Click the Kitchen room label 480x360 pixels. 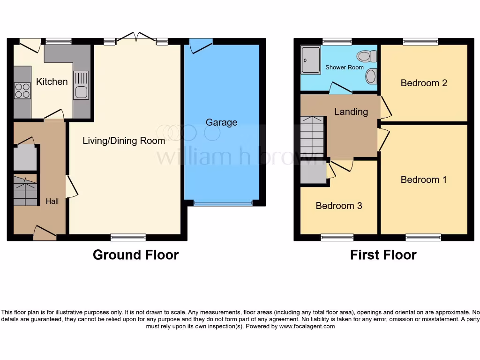[52, 82]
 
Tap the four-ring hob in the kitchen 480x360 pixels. [22, 90]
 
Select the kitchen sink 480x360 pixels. [81, 85]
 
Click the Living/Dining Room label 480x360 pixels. [124, 141]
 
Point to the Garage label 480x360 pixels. [221, 122]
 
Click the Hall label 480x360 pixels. [52, 201]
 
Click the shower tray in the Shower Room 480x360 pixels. [311, 60]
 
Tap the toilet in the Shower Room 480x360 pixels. [367, 57]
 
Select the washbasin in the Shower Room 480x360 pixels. [371, 76]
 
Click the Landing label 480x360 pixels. [351, 112]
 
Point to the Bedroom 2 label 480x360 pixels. [424, 83]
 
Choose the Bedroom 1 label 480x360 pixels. [424, 180]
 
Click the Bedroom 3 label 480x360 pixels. [338, 206]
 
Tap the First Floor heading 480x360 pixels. [383, 255]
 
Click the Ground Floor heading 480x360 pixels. [135, 255]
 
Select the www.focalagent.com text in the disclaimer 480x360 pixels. [307, 326]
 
